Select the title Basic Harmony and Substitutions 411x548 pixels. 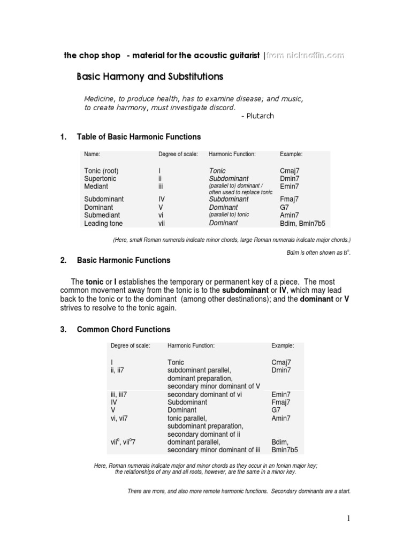pos(150,77)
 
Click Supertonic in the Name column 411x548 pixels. pos(100,179)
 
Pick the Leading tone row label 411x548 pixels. pos(104,223)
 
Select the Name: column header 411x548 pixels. pos(92,154)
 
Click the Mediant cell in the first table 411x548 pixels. pos(96,187)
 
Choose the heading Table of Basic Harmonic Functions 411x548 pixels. pos(139,137)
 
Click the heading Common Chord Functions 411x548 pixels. pos(124,330)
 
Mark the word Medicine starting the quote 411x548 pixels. pos(100,99)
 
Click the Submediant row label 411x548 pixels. pos(102,215)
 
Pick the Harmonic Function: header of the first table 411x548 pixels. pos(232,154)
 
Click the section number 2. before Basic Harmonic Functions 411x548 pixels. pos(63,261)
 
